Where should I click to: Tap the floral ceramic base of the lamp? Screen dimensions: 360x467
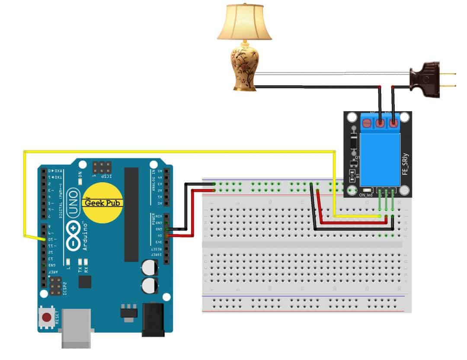[244, 67]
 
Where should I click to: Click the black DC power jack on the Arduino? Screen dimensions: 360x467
[154, 319]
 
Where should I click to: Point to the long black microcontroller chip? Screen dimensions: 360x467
[131, 214]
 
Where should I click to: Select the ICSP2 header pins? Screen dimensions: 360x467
[55, 286]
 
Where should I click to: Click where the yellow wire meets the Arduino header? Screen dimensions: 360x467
[43, 239]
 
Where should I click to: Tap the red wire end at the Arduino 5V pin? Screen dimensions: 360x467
[166, 236]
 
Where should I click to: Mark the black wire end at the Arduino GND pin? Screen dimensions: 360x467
[166, 229]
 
